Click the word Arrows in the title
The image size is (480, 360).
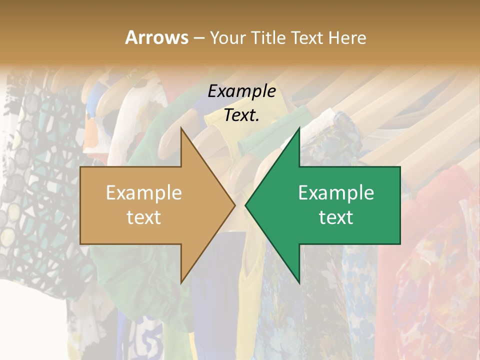tap(157, 37)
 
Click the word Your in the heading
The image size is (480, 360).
tap(226, 37)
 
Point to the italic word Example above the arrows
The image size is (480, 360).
tap(241, 91)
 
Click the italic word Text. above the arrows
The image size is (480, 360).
tap(241, 115)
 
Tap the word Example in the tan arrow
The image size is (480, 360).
tap(143, 193)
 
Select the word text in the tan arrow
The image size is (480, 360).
tap(143, 217)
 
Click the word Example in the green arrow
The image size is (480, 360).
tap(336, 193)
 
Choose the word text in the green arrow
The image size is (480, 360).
tap(336, 217)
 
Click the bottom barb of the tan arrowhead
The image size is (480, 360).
tap(182, 280)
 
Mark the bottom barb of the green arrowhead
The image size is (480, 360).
tap(298, 280)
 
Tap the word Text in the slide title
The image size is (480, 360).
tap(308, 37)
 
